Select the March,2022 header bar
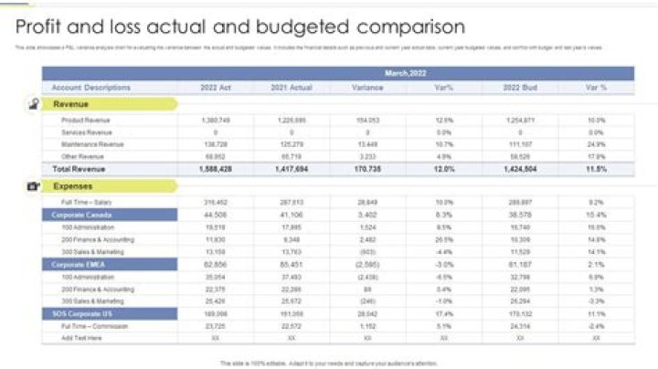pyautogui.click(x=405, y=72)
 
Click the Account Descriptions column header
pyautogui.click(x=90, y=88)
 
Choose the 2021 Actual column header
pyautogui.click(x=291, y=88)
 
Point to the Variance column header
pyautogui.click(x=367, y=88)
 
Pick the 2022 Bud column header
pyautogui.click(x=519, y=88)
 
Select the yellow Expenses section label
pyautogui.click(x=72, y=186)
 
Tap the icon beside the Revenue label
pyautogui.click(x=34, y=104)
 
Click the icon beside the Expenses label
pyautogui.click(x=34, y=186)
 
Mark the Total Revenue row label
pyautogui.click(x=76, y=169)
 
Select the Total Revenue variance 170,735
pyautogui.click(x=367, y=169)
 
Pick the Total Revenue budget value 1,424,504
pyautogui.click(x=519, y=169)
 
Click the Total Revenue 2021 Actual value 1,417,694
pyautogui.click(x=291, y=169)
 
